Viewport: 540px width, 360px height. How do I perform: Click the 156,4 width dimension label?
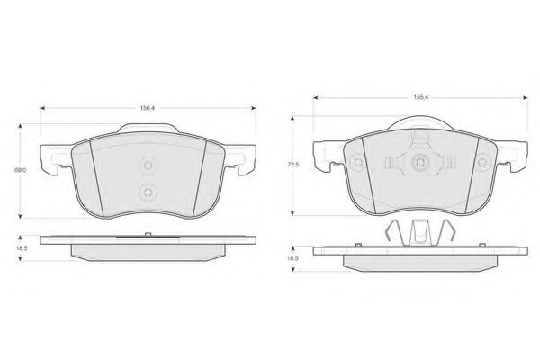coord(148,108)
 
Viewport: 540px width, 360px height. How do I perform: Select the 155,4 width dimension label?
coord(420,97)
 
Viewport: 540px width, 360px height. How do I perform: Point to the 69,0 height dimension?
coord(20,170)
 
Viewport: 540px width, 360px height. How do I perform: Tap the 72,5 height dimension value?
coord(293,165)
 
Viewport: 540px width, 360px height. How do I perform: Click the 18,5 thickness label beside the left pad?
coord(21,248)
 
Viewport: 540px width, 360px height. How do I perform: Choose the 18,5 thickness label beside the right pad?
coord(293,258)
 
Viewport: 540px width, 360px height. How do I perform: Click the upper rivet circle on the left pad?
coord(148,166)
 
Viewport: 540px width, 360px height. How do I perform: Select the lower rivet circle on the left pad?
coord(148,193)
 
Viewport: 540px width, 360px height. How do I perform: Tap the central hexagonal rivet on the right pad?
coord(420,162)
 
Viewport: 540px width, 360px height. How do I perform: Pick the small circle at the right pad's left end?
coord(358,162)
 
